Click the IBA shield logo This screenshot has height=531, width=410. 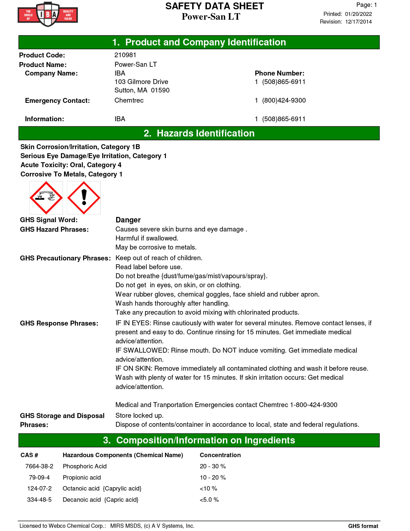[48, 14]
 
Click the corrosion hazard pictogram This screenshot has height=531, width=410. [46, 198]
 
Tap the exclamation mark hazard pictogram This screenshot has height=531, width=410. [84, 198]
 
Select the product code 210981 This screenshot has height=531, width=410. [125, 55]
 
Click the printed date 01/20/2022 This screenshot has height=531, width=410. [358, 14]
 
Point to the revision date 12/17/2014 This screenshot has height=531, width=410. [358, 22]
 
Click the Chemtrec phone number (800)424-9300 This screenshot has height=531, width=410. [284, 100]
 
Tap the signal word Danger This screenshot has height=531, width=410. [128, 220]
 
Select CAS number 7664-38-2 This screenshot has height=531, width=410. [39, 466]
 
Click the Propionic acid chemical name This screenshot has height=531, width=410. [82, 477]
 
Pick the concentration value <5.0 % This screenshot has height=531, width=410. [209, 500]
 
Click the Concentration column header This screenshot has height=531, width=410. [220, 455]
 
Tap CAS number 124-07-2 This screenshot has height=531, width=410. [39, 488]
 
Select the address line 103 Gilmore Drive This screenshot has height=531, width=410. [141, 82]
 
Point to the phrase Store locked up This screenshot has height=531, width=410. [139, 415]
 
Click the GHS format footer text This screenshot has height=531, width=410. [363, 526]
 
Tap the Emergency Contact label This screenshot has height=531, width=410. [57, 101]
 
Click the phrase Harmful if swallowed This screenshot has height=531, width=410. [147, 238]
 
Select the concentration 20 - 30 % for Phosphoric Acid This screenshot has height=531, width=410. [213, 466]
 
